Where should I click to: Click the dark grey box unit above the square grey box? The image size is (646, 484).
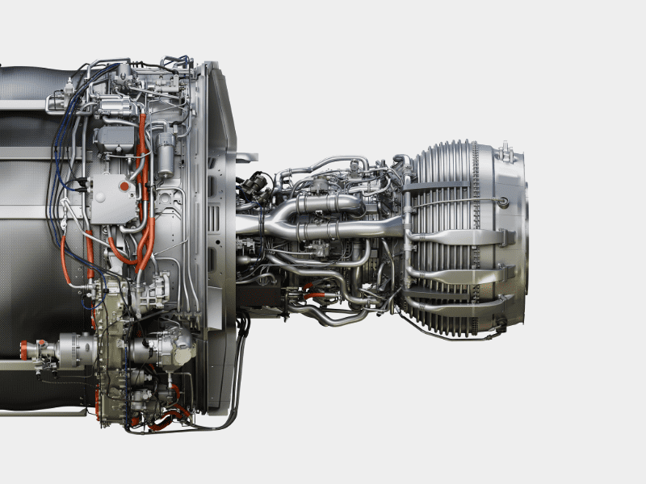point(115,139)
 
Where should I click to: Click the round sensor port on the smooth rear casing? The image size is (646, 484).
point(503,202)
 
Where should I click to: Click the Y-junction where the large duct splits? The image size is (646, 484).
point(279,218)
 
